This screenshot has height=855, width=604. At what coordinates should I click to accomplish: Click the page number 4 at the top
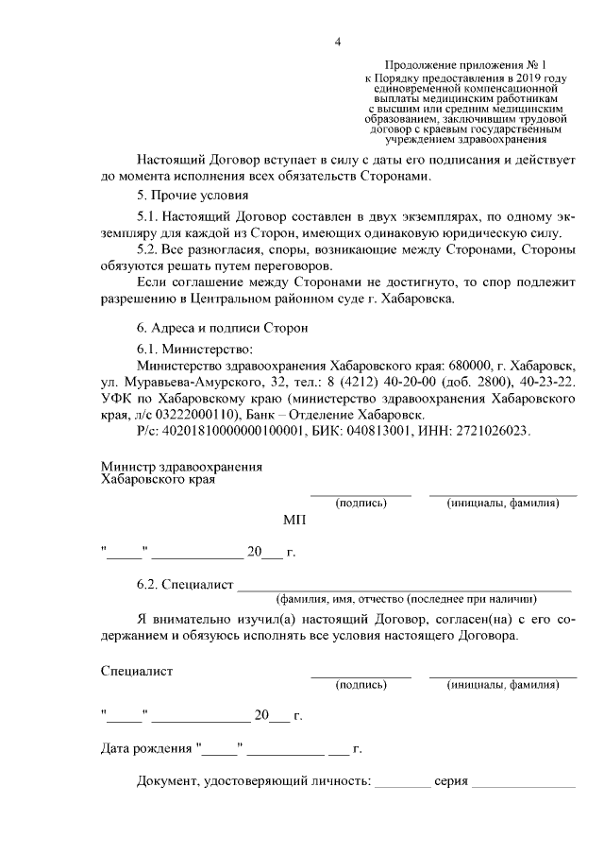pyautogui.click(x=337, y=40)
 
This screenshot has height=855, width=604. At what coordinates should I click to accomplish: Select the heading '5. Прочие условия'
pyautogui.click(x=181, y=196)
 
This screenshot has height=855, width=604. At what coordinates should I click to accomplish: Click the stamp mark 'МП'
pyautogui.click(x=294, y=521)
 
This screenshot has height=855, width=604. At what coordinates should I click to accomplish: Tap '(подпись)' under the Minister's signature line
pyautogui.click(x=361, y=504)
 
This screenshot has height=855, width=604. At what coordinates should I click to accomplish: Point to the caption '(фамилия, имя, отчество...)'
pyautogui.click(x=406, y=599)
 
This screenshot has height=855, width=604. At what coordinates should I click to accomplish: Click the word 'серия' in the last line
pyautogui.click(x=451, y=782)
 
